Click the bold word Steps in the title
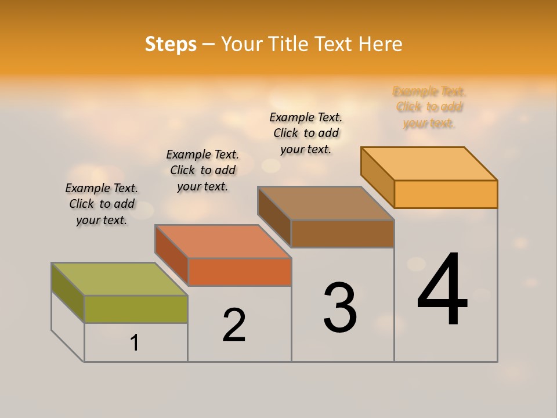pos(171,44)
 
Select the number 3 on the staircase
pos(340,308)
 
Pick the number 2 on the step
pos(234,325)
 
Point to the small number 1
pos(135,343)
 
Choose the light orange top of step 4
pos(429,163)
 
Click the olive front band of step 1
pos(136,309)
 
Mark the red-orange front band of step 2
pos(240,272)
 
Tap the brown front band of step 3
pos(342,233)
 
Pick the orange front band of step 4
pos(446,194)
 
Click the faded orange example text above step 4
pos(429,107)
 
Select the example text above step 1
pos(102,204)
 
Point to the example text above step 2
pos(202,170)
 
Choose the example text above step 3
pos(306,133)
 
